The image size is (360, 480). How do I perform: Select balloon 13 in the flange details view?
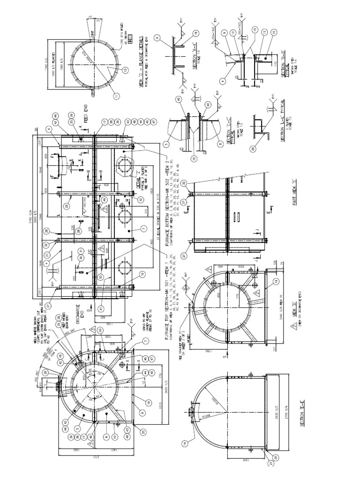click(x=125, y=70)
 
